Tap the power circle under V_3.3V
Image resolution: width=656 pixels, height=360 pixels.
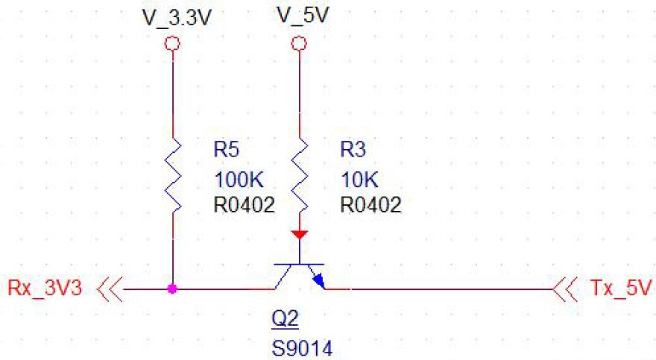[173, 44]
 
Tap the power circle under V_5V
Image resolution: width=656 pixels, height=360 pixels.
[299, 44]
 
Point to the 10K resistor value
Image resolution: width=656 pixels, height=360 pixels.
[359, 179]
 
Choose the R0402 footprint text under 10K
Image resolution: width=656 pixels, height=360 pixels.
[370, 204]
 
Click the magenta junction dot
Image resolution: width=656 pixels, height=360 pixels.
[173, 288]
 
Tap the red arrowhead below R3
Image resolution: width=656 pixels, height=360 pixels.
[299, 234]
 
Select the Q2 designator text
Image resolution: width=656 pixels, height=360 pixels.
[284, 320]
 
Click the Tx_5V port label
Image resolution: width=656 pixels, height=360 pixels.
[614, 288]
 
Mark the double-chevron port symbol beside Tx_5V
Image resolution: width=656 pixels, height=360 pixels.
[566, 288]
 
